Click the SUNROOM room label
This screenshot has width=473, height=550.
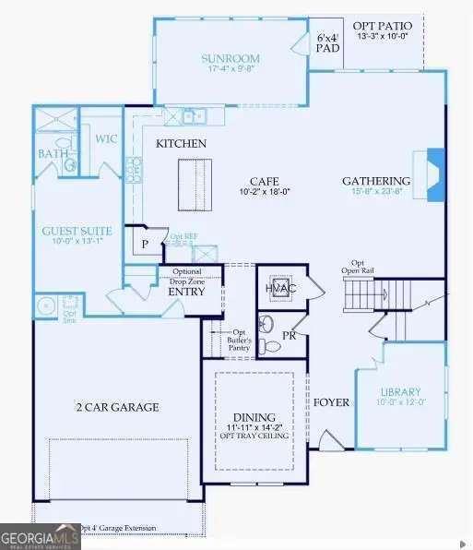point(225,59)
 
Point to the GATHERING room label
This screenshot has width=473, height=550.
point(376,180)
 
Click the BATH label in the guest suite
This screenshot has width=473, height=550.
point(53,154)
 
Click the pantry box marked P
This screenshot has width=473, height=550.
point(145,245)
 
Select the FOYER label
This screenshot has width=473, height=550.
point(330,402)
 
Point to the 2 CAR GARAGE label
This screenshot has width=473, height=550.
point(118,407)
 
